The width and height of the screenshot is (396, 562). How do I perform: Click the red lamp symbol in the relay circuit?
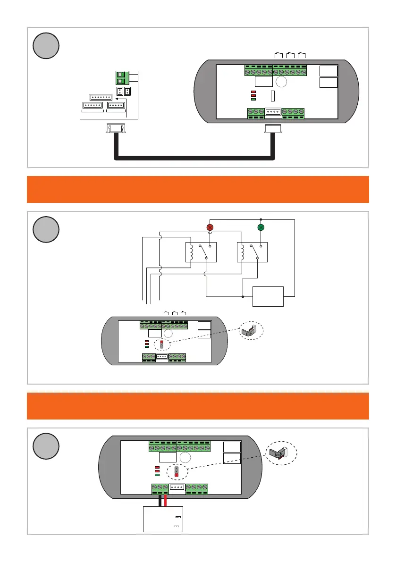[210, 227]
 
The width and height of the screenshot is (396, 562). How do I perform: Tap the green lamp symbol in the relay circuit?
[261, 227]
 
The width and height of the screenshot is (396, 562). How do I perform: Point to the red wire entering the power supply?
[166, 500]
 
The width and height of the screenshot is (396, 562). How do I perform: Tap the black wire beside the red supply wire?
[160, 500]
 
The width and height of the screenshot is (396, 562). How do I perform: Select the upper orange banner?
[198, 189]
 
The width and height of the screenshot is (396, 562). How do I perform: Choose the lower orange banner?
[198, 406]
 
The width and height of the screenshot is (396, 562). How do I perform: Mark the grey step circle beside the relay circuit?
[46, 230]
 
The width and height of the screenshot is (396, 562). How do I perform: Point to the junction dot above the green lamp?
[261, 219]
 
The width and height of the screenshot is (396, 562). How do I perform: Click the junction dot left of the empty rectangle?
[243, 297]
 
